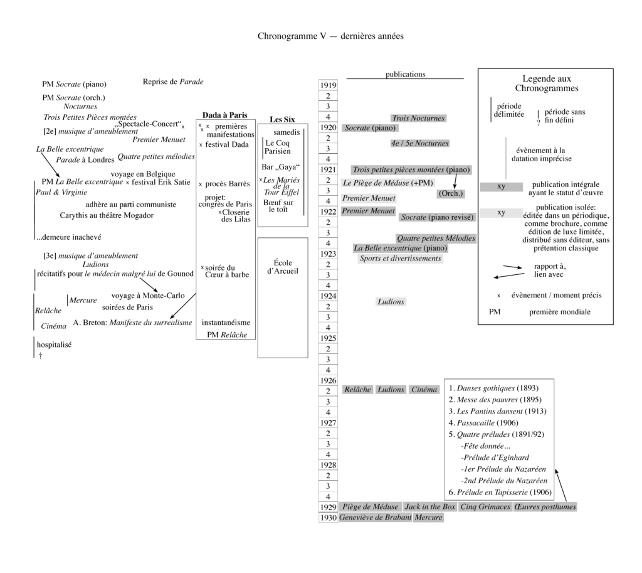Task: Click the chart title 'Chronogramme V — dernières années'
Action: [330, 36]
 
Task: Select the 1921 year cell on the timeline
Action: [329, 169]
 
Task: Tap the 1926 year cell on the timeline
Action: [329, 380]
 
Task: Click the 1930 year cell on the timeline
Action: [329, 518]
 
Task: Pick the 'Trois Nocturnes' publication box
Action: [418, 118]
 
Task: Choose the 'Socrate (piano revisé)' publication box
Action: [438, 217]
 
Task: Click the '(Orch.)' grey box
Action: [450, 193]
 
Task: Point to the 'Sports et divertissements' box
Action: [401, 259]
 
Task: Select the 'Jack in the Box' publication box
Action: [430, 507]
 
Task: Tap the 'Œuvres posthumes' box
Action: [545, 507]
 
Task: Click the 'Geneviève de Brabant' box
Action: [376, 518]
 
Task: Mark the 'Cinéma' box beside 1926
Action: [424, 390]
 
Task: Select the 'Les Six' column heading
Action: [282, 119]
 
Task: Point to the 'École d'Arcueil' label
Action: [283, 267]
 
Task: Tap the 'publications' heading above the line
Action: [405, 74]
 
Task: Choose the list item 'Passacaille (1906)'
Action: [481, 423]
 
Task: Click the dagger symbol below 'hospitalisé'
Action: [40, 355]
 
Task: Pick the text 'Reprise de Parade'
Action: [173, 82]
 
